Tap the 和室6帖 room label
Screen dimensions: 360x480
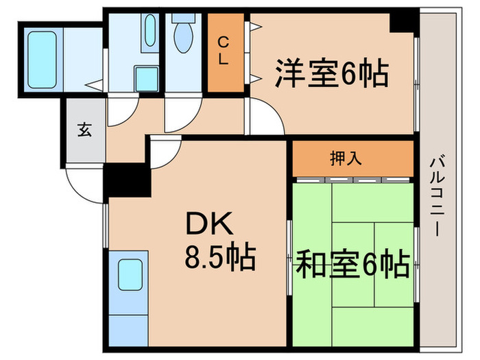[x=352, y=263]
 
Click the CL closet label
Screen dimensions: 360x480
[x=224, y=51]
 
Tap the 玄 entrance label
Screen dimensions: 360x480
[x=84, y=130]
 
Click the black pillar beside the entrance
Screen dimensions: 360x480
[x=128, y=180]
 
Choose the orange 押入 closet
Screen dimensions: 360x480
[x=354, y=158]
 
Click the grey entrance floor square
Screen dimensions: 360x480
[x=84, y=130]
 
